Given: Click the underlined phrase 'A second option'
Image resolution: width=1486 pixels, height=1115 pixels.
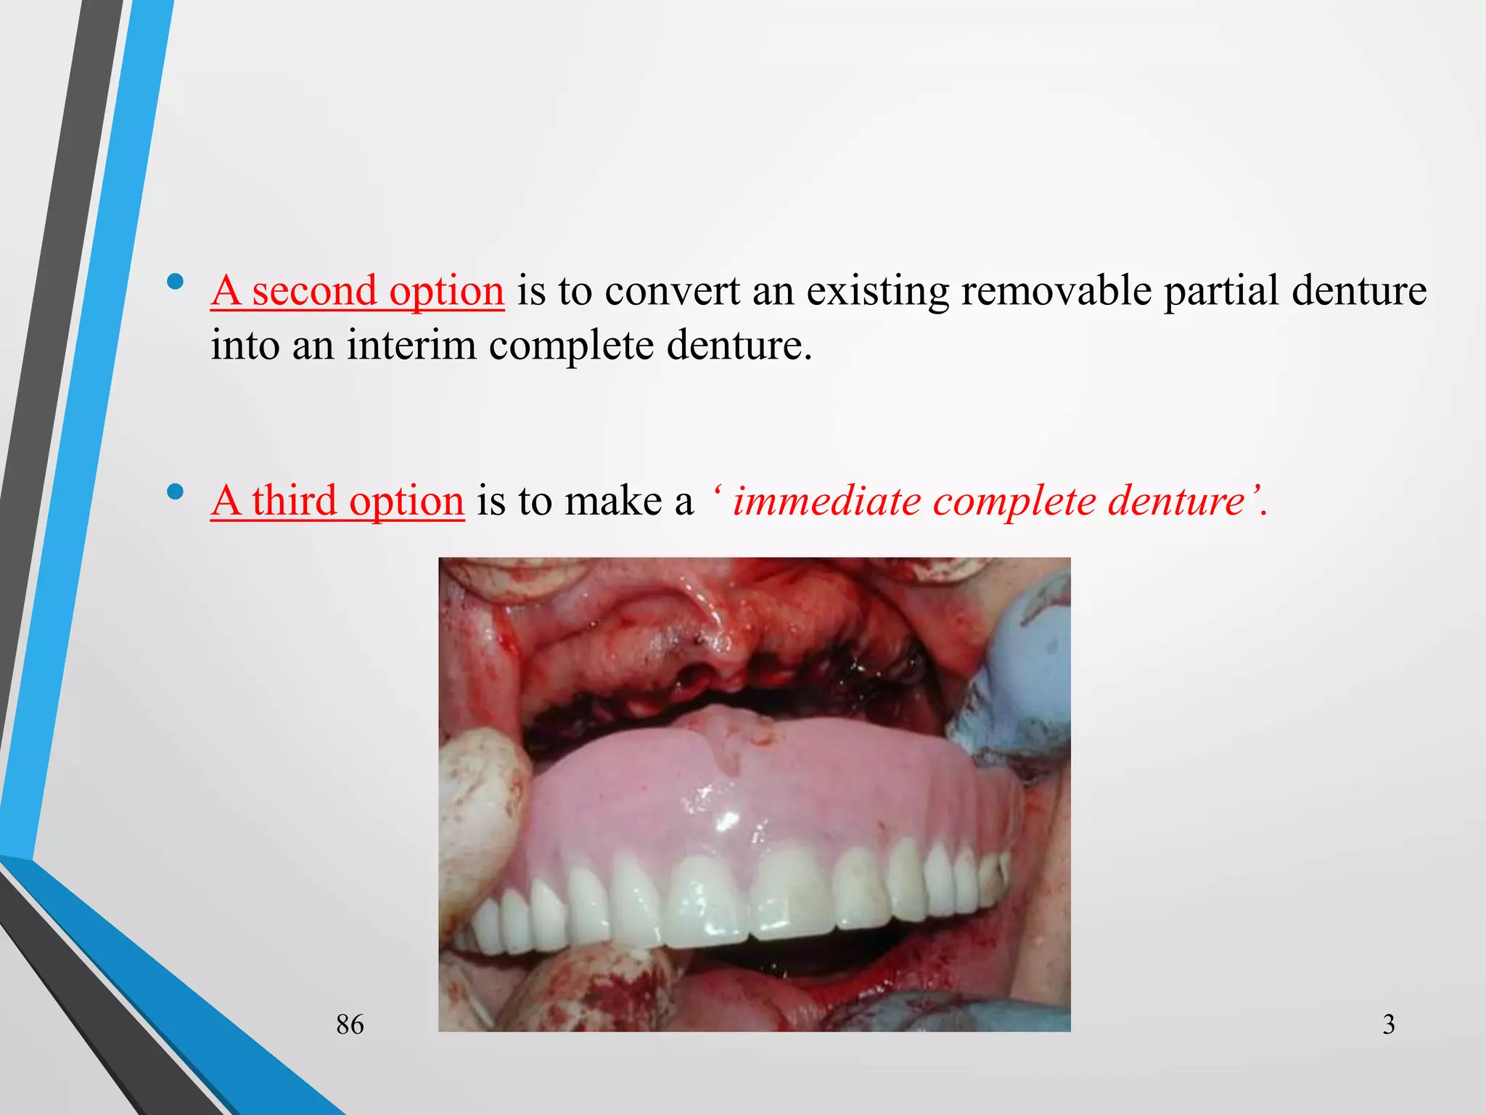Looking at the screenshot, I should [357, 291].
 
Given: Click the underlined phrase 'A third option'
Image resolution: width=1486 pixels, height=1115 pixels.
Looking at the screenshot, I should [337, 501].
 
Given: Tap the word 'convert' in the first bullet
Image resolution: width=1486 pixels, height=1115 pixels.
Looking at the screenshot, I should [672, 291].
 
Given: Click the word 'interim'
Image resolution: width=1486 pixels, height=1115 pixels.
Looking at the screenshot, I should [411, 345].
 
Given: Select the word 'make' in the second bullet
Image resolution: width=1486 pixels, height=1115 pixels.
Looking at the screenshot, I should [613, 501].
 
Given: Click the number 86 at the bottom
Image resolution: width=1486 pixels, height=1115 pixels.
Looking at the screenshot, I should [350, 1024].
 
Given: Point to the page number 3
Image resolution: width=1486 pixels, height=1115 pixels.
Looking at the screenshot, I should [1388, 1024].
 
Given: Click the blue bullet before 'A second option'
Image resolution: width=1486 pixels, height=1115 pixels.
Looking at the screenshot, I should [175, 282].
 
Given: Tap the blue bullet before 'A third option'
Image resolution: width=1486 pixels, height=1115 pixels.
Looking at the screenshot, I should [175, 491].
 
